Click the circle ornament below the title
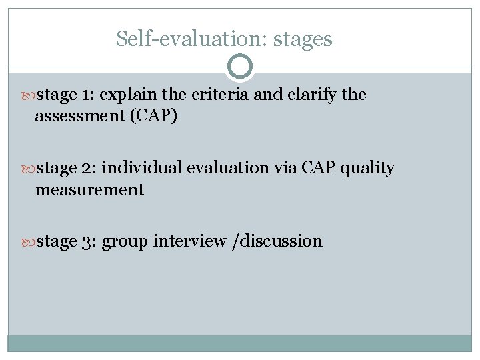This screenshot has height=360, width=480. point(240,67)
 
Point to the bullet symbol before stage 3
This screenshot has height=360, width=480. point(30,241)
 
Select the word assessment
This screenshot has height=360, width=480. point(73,117)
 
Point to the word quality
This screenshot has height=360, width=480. point(367,169)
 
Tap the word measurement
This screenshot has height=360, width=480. point(89,190)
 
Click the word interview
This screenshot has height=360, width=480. point(189,241)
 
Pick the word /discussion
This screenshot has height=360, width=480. point(277,241)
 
